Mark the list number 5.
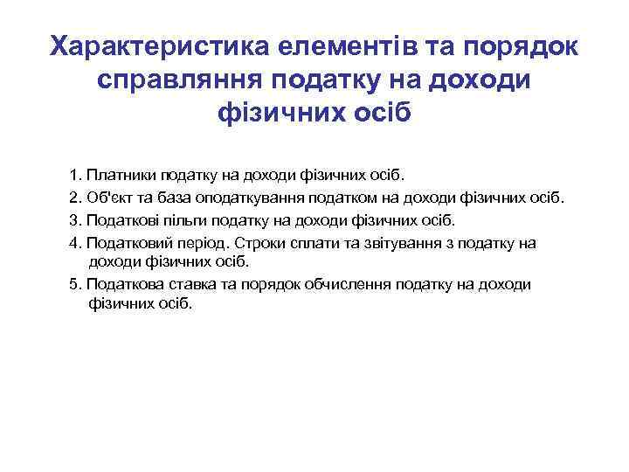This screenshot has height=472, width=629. [x=74, y=284]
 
